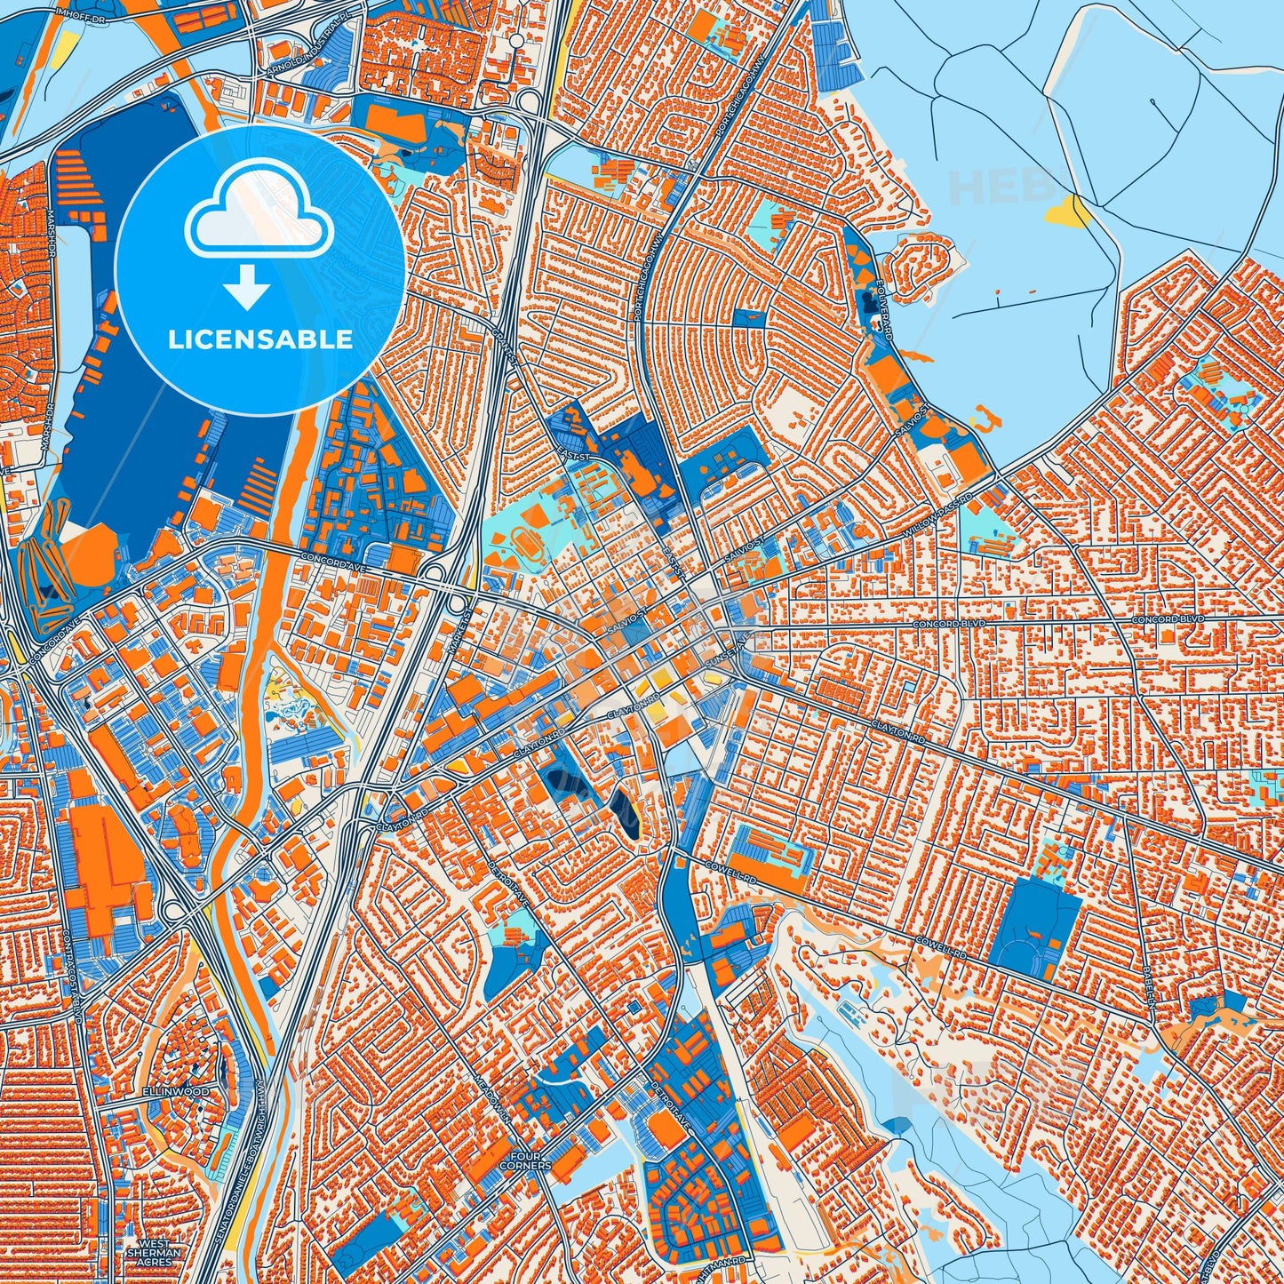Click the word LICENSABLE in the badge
click(260, 339)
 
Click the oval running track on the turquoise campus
click(525, 538)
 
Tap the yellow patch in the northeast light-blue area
click(1068, 212)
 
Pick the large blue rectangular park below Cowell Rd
click(1033, 929)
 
